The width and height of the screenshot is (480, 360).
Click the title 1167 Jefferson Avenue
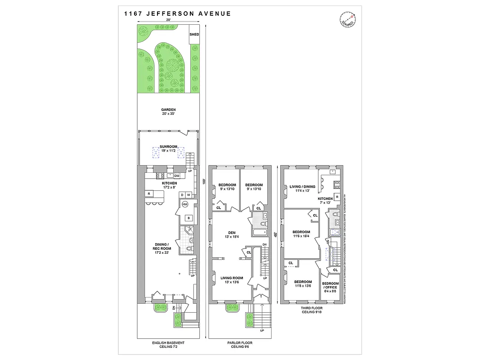coord(177,13)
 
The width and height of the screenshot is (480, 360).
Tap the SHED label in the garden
coord(194,34)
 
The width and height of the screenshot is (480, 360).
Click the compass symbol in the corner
coord(347,19)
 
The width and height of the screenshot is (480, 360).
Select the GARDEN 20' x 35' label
coord(169,112)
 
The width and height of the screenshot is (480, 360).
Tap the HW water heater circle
coord(184,204)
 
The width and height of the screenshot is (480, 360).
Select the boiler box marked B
coord(189,218)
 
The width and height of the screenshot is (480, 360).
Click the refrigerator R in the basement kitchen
coord(148,194)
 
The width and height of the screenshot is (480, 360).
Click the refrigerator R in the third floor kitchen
coord(336,197)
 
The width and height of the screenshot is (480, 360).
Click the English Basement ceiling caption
coord(169,345)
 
